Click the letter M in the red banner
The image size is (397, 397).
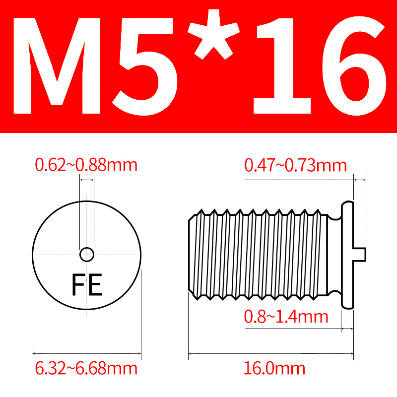tap(57, 66)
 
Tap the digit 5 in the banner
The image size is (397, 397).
tap(144, 66)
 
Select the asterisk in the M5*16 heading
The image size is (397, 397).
tap(213, 34)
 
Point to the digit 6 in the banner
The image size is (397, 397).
tap(354, 66)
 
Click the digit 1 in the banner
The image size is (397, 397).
tap(282, 66)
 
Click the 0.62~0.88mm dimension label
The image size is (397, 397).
tap(86, 165)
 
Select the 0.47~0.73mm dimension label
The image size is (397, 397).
tap(295, 165)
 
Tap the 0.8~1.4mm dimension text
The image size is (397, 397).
tap(286, 317)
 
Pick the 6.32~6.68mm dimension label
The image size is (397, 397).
tap(86, 368)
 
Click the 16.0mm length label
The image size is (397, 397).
tap(274, 368)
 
